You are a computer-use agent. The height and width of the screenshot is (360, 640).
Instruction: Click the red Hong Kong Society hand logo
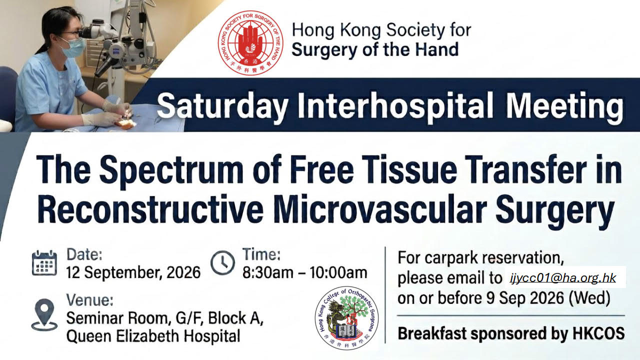click(250, 43)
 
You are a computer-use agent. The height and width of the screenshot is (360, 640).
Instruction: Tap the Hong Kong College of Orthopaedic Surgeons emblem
click(346, 318)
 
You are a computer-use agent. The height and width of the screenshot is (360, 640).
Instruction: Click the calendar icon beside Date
click(44, 263)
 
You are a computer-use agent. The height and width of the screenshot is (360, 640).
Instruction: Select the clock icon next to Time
click(222, 263)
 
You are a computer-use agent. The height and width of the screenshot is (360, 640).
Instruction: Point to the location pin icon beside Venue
click(44, 315)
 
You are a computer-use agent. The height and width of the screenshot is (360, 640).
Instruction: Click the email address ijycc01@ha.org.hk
click(563, 277)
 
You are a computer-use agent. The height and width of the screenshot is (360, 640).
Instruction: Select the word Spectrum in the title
click(171, 171)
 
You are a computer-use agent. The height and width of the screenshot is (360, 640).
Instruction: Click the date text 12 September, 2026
click(133, 272)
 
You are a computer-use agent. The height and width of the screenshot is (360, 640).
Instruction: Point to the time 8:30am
click(267, 272)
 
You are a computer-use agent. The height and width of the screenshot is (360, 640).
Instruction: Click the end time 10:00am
click(338, 272)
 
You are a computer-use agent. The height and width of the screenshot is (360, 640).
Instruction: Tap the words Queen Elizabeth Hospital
click(153, 336)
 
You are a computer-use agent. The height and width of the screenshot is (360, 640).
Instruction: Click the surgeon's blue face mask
click(73, 47)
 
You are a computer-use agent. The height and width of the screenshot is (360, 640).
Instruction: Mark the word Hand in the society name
click(437, 49)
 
